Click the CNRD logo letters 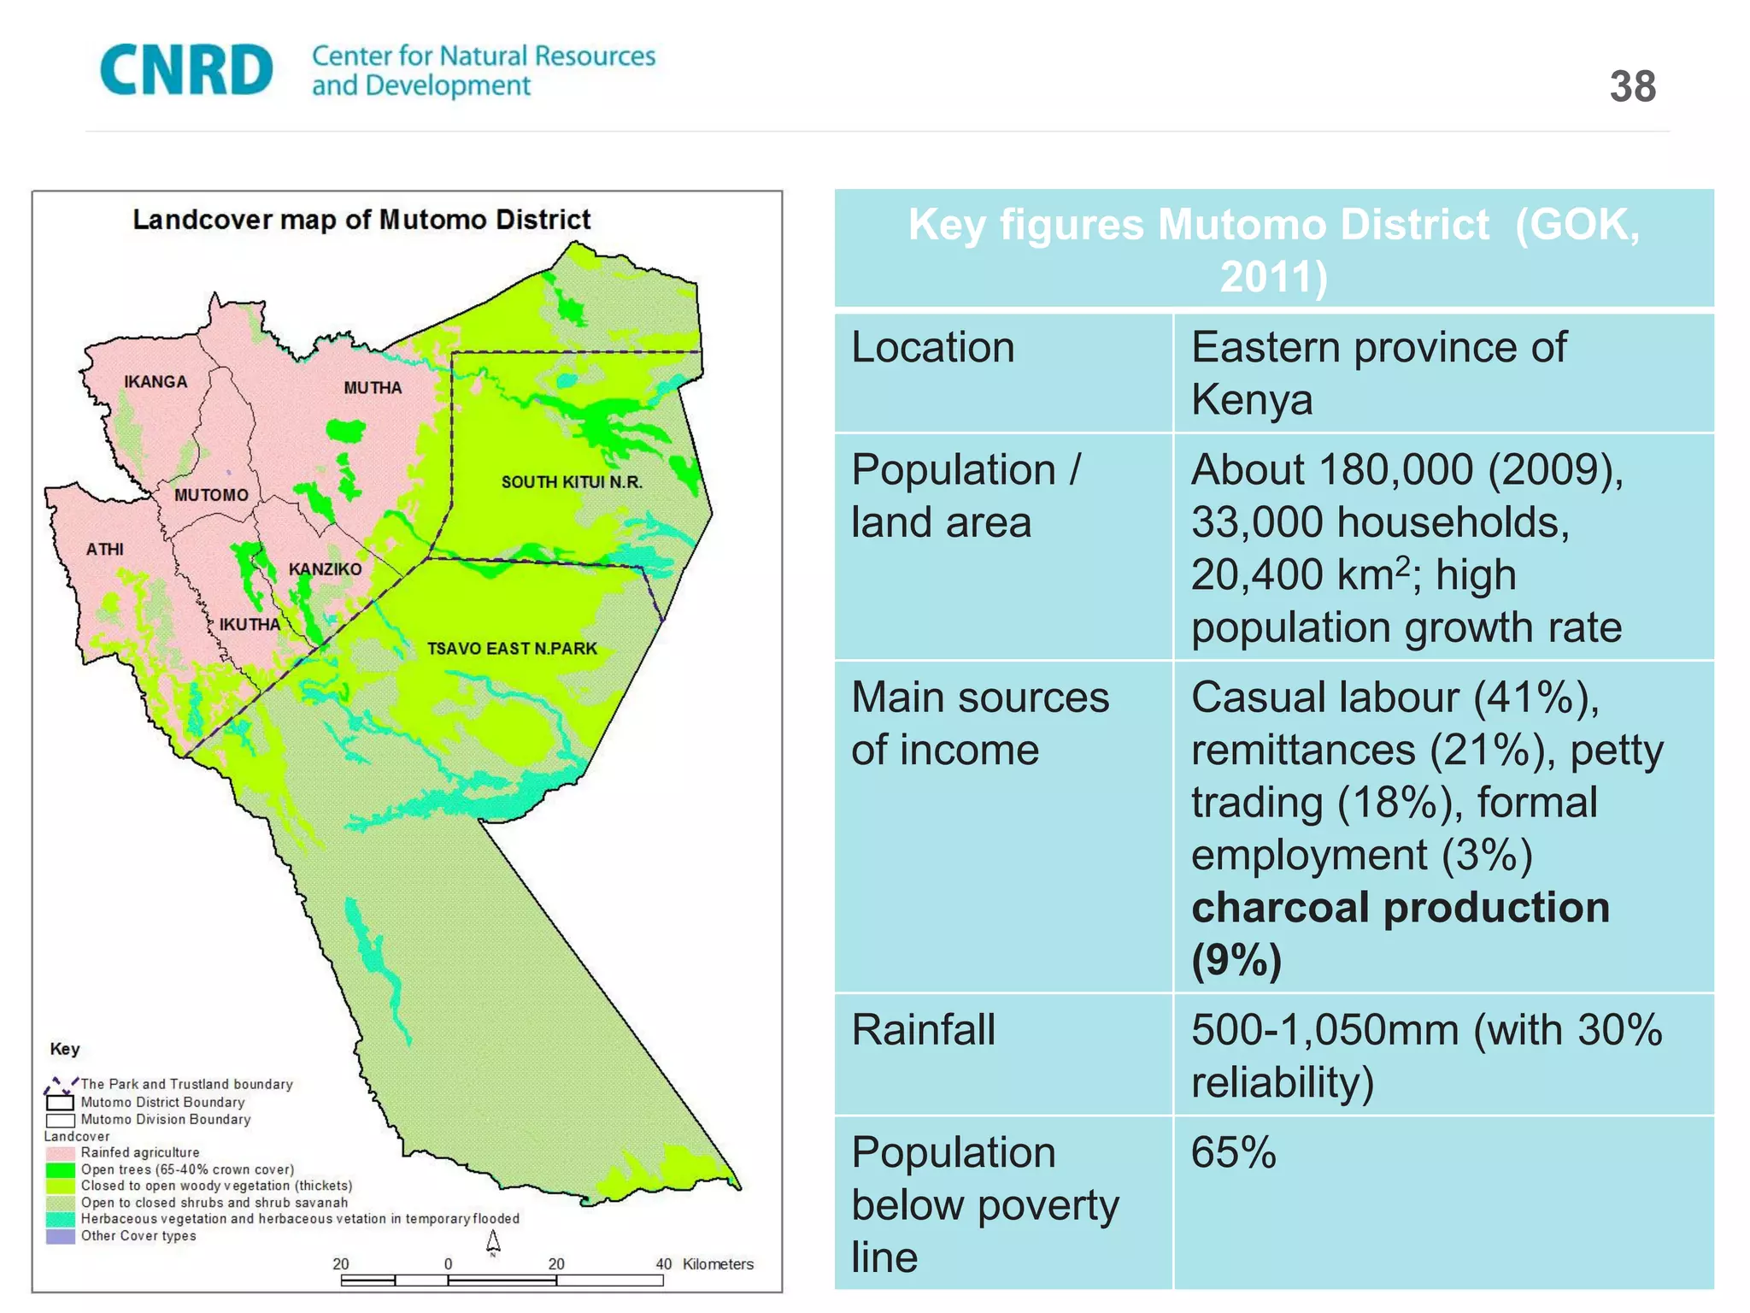pyautogui.click(x=186, y=70)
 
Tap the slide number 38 pyautogui.click(x=1632, y=87)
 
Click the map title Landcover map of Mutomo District pyautogui.click(x=361, y=220)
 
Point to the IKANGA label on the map pyautogui.click(x=156, y=382)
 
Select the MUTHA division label pyautogui.click(x=373, y=388)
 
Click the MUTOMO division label pyautogui.click(x=211, y=495)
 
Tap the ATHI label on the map pyautogui.click(x=104, y=550)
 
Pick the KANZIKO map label pyautogui.click(x=325, y=569)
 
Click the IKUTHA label pyautogui.click(x=250, y=625)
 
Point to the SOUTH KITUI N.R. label pyautogui.click(x=572, y=482)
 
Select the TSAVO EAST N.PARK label pyautogui.click(x=512, y=649)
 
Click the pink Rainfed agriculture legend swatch pyautogui.click(x=60, y=1153)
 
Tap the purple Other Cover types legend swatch pyautogui.click(x=60, y=1236)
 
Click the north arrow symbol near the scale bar pyautogui.click(x=493, y=1242)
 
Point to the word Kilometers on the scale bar pyautogui.click(x=718, y=1264)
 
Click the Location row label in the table pyautogui.click(x=932, y=348)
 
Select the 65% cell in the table pyautogui.click(x=1233, y=1152)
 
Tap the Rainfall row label pyautogui.click(x=923, y=1029)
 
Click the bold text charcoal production pyautogui.click(x=1400, y=908)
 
